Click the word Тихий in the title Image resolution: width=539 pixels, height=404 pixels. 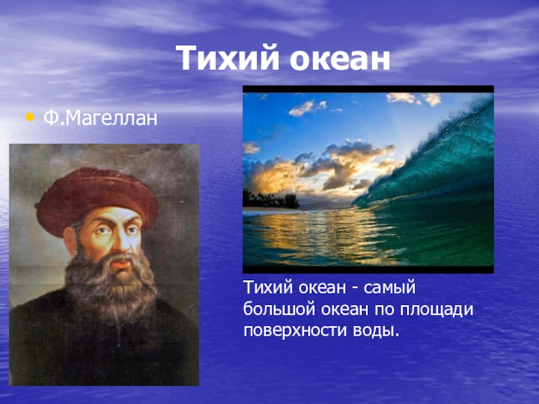(228, 58)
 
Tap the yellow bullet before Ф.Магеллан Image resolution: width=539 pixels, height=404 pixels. (30, 117)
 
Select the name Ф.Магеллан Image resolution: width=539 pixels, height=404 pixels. (100, 118)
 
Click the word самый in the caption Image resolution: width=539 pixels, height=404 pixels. (389, 289)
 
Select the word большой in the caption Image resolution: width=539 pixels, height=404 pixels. (280, 309)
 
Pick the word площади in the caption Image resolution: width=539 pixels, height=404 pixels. (437, 310)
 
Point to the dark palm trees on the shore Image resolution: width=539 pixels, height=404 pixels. (271, 200)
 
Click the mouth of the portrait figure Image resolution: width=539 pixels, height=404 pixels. (122, 264)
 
